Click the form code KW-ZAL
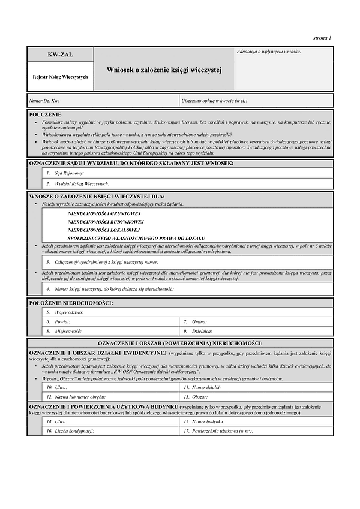coord(60,55)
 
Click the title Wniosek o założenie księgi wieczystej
coord(164,70)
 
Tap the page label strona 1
coord(322,38)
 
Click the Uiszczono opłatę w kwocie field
coord(256,101)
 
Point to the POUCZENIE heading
coord(45,113)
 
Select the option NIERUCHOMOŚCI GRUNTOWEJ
coord(104,213)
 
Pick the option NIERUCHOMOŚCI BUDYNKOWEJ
coord(106,221)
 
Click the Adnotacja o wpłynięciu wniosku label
coord(269,52)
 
